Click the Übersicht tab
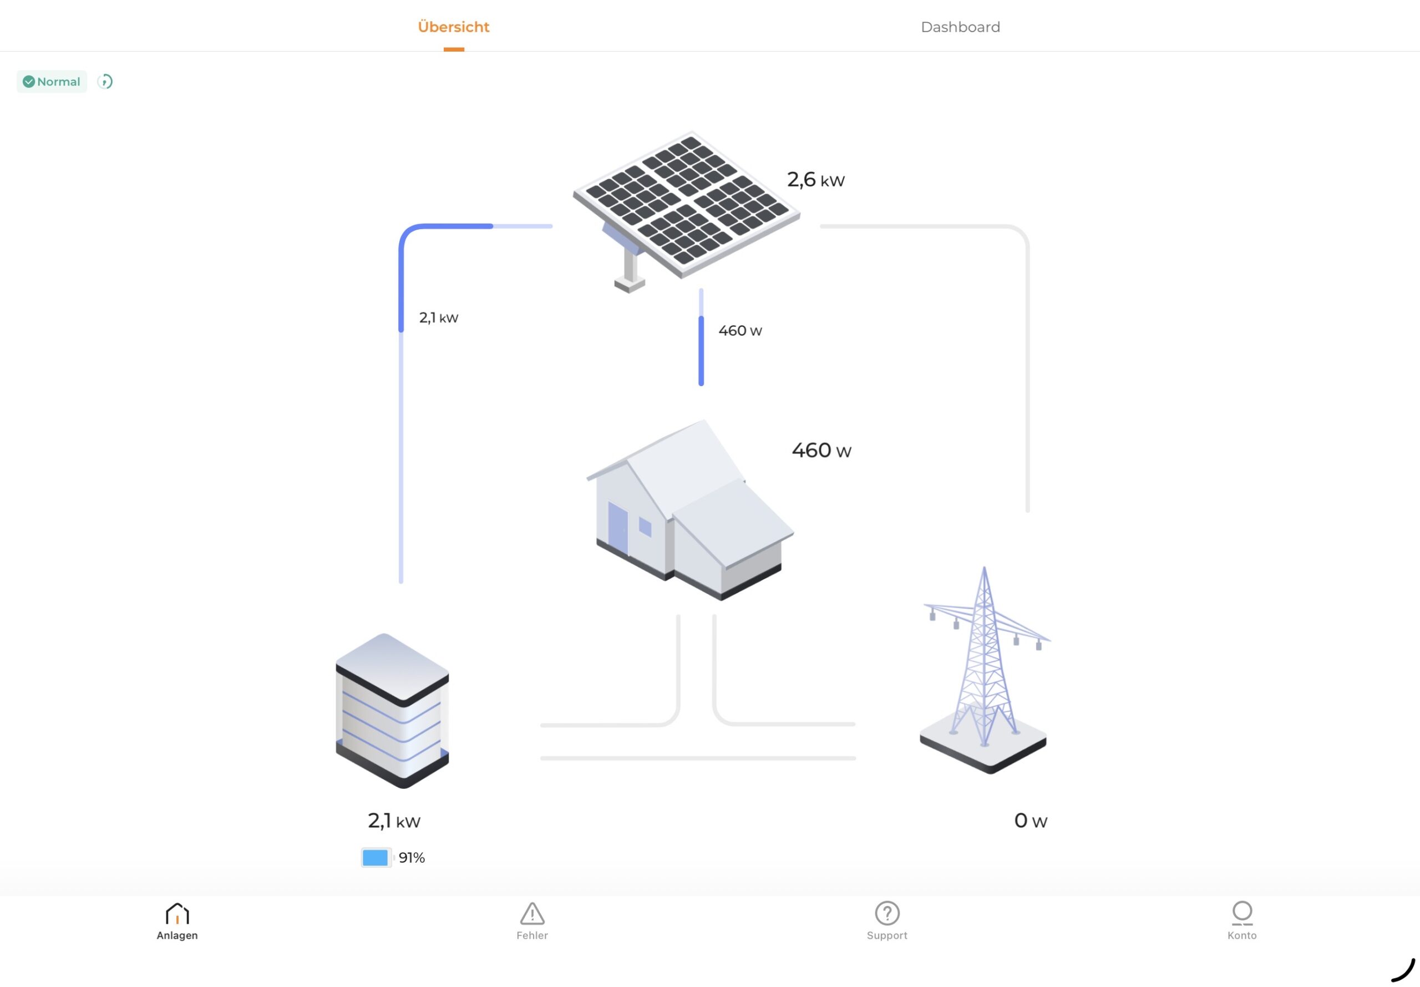point(453,27)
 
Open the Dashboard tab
point(960,27)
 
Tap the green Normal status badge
point(52,82)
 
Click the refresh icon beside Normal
point(105,82)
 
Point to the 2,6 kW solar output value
point(815,180)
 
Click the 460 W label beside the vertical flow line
point(740,331)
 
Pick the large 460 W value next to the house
point(821,450)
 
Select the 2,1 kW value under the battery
point(394,821)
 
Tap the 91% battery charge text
point(412,858)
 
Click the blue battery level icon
point(375,858)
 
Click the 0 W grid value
point(1031,821)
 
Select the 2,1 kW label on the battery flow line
point(438,318)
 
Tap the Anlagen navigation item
point(177,921)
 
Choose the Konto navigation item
point(1242,921)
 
